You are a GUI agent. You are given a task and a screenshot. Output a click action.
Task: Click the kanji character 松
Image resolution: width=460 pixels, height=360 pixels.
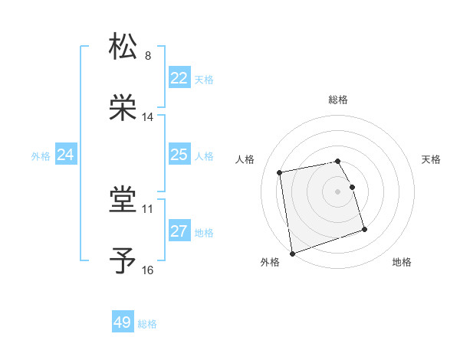(x=123, y=47)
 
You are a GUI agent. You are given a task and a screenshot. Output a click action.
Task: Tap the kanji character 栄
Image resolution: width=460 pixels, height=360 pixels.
(x=123, y=108)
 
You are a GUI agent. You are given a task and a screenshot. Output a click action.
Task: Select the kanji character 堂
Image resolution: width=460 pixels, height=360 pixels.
(x=123, y=201)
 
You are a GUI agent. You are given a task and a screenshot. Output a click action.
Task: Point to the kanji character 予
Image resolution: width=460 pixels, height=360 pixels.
(x=123, y=261)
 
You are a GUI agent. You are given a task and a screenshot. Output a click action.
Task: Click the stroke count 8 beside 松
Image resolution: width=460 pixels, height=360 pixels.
(x=147, y=56)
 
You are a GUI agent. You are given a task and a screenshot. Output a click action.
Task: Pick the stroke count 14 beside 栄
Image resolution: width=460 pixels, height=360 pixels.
(x=148, y=117)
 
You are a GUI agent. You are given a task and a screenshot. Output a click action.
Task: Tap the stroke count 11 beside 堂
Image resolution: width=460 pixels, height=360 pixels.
(x=148, y=208)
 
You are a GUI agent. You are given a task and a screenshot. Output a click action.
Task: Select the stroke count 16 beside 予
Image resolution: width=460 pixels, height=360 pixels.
(x=148, y=270)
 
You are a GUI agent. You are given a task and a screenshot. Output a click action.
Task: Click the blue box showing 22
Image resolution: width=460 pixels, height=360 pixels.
(x=179, y=78)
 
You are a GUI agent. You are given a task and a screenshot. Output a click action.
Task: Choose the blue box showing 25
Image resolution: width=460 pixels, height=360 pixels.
(x=179, y=155)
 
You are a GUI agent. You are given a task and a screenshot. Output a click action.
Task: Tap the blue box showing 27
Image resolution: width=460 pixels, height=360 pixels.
(x=179, y=231)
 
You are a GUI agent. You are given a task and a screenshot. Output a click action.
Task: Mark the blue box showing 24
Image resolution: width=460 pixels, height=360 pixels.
(x=66, y=155)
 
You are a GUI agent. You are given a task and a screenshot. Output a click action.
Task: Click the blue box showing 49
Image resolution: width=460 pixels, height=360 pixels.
(x=123, y=322)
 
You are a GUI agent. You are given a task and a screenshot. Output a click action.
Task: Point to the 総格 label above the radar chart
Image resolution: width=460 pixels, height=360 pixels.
(x=338, y=100)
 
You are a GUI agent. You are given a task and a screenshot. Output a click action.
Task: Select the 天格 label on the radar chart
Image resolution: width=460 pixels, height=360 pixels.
(x=432, y=159)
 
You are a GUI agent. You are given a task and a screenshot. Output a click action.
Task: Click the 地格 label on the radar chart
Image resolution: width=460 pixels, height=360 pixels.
(x=402, y=262)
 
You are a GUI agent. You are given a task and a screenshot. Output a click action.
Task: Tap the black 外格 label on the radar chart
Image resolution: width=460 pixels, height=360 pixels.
(x=270, y=262)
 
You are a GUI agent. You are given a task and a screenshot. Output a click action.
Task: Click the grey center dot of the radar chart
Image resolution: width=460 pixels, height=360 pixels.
(x=338, y=191)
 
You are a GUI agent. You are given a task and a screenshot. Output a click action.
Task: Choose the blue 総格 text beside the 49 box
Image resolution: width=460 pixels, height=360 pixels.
(x=147, y=324)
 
